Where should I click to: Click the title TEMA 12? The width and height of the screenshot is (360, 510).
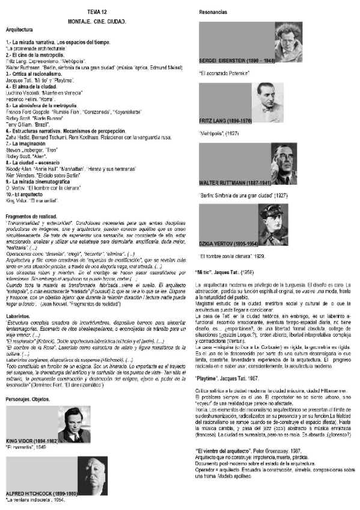[97, 12]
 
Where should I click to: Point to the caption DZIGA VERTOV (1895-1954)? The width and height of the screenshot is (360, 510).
[229, 243]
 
